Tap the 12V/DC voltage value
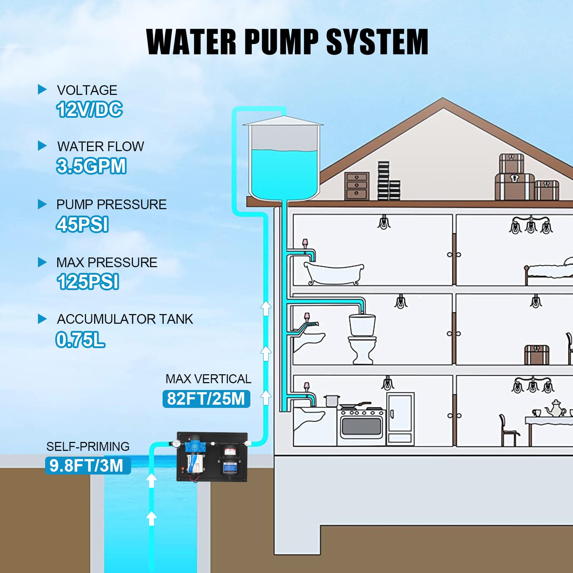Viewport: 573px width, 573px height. pyautogui.click(x=90, y=109)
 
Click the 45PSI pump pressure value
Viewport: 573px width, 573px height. pyautogui.click(x=82, y=225)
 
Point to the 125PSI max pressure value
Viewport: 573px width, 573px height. pyautogui.click(x=88, y=282)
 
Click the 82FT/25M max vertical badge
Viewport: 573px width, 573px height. pyautogui.click(x=206, y=399)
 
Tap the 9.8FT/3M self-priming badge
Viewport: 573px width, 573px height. pyautogui.click(x=88, y=466)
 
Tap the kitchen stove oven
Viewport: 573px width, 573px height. pyautogui.click(x=361, y=426)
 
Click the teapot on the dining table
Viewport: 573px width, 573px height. pyautogui.click(x=555, y=408)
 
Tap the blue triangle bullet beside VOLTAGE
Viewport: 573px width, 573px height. pyautogui.click(x=42, y=89)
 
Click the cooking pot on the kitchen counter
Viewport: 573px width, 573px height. pyautogui.click(x=331, y=401)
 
